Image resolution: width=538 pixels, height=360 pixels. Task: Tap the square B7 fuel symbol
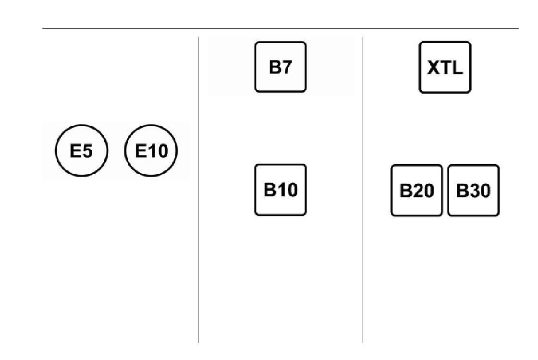[281, 67]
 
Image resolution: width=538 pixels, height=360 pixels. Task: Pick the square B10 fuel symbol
[281, 190]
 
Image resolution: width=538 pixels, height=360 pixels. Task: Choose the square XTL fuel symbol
[445, 67]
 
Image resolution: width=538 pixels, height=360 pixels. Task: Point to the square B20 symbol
[417, 191]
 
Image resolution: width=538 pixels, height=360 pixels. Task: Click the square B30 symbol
[474, 191]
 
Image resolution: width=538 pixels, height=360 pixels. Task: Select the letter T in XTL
[446, 68]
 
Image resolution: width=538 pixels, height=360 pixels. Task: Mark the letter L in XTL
[457, 68]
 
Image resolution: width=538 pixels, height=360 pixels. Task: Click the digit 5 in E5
[87, 151]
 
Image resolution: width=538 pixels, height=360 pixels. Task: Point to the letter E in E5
[75, 151]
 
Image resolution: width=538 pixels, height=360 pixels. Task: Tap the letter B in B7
[275, 67]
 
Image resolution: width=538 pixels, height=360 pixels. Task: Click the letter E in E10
[141, 151]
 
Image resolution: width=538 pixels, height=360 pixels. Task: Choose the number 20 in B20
[423, 191]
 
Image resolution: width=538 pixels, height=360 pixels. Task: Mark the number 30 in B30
[479, 191]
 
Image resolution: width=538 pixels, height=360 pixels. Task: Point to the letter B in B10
[269, 190]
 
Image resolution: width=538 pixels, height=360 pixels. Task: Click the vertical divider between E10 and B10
[198, 190]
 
